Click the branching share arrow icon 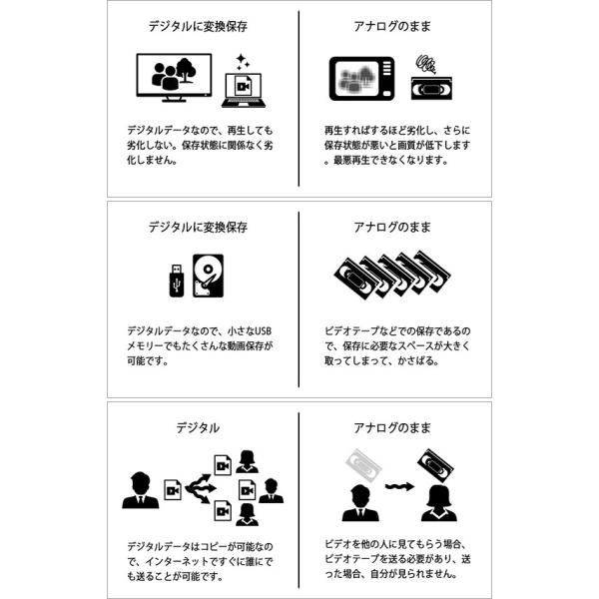tap(199, 489)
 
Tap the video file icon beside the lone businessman tap(172, 490)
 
